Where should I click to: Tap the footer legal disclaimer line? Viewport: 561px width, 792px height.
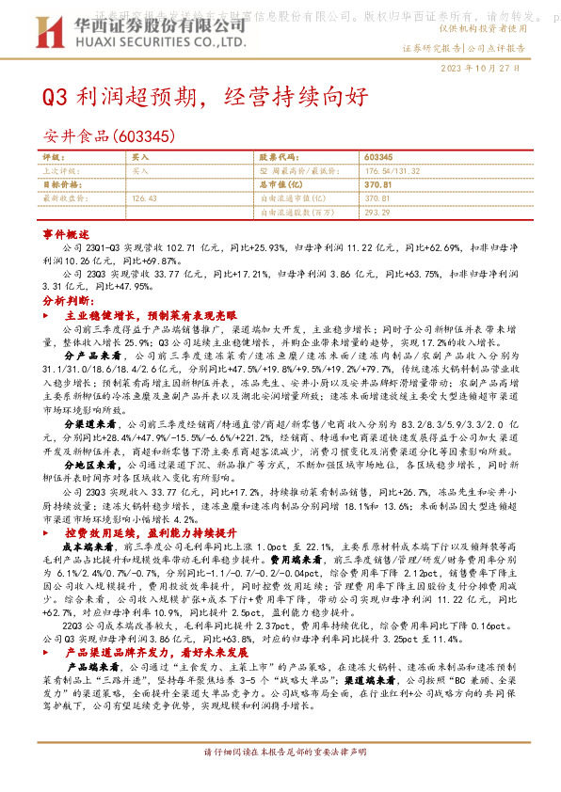pyautogui.click(x=280, y=779)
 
